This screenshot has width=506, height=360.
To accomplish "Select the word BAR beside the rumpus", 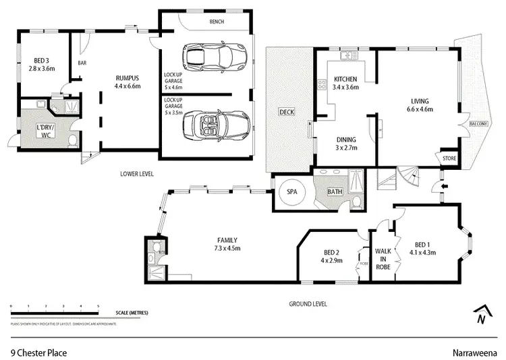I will coord(83,63).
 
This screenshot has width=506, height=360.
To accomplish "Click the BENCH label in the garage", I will coord(216,22).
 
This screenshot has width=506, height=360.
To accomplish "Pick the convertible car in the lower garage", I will coord(220,124).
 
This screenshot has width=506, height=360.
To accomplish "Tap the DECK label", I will coord(287,112).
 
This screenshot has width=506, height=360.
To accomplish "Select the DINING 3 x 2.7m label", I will coord(345,143).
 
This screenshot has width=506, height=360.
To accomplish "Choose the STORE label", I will coord(449,158).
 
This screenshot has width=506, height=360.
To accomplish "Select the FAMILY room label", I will coord(226,244).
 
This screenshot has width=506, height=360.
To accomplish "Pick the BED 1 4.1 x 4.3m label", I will coord(422,249).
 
